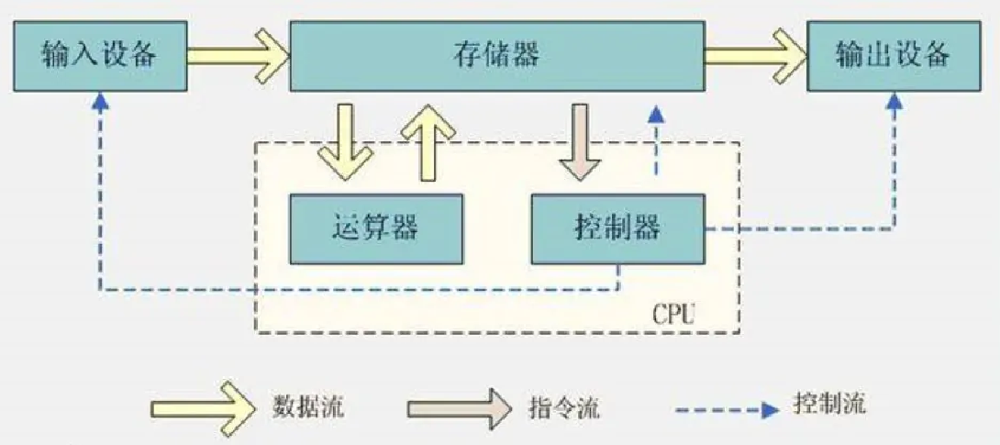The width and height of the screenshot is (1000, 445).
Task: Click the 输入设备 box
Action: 99,56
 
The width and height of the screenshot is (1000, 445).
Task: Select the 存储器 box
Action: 496,56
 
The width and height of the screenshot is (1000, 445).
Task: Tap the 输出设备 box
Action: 892,56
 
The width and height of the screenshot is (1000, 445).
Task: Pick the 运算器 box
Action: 375,227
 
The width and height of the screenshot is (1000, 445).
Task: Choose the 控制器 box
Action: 618,227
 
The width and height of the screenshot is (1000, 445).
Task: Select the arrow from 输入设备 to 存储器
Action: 238,56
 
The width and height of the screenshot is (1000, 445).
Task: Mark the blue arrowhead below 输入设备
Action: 101,102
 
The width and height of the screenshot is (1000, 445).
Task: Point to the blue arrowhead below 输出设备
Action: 896,102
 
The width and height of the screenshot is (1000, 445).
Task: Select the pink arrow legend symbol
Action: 459,406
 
